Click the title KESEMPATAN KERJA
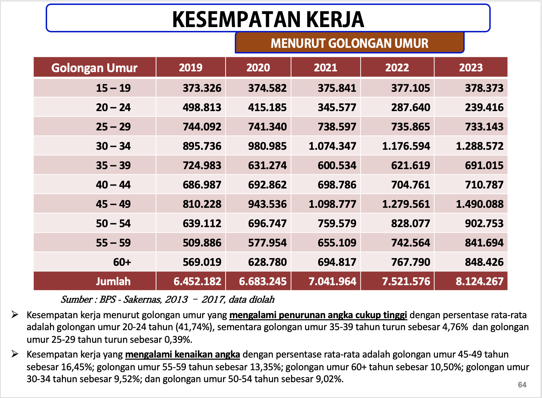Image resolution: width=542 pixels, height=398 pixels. [x=268, y=19]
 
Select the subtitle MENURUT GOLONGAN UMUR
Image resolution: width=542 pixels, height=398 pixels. [x=349, y=43]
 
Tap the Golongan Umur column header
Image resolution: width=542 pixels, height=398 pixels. [x=94, y=68]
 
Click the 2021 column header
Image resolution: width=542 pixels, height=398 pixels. [x=325, y=68]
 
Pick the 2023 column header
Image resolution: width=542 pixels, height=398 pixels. [x=471, y=68]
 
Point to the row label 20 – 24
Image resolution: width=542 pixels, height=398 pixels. [x=113, y=107]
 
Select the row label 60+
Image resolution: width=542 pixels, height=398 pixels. [x=122, y=262]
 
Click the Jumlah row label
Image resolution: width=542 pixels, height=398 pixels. [x=113, y=281]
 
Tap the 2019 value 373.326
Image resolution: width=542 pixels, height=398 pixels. [x=202, y=88]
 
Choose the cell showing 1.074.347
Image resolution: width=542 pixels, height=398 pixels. [x=332, y=146]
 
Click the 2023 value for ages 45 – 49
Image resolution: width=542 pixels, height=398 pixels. [x=479, y=204]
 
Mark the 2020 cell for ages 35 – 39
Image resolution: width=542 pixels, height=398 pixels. [x=267, y=165]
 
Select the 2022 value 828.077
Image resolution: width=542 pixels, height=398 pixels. [x=411, y=223]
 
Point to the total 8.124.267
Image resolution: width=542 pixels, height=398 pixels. [x=479, y=281]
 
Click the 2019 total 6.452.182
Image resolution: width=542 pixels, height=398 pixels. [x=197, y=281]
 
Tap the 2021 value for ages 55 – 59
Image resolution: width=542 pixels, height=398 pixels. [x=337, y=243]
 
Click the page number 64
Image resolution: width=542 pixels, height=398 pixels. [x=522, y=385]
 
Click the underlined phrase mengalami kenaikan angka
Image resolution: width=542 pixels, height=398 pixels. [x=182, y=354]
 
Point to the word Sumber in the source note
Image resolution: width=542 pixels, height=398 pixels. [x=77, y=300]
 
